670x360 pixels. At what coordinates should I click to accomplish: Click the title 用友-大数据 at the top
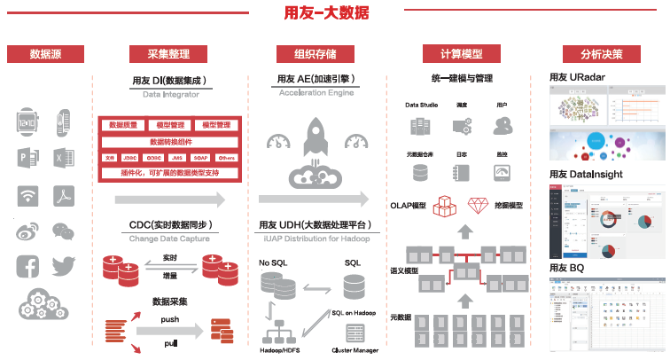tap(326, 13)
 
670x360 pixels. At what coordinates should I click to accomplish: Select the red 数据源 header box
tap(45, 53)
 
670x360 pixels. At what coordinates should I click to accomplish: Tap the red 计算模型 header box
tap(453, 53)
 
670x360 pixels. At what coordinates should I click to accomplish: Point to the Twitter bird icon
tap(64, 266)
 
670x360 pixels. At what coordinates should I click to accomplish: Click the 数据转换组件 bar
tap(169, 142)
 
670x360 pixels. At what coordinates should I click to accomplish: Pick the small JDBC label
tap(132, 158)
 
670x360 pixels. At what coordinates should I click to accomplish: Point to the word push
tap(170, 318)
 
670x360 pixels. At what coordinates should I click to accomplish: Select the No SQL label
tap(275, 263)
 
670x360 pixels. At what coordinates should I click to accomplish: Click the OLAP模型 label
tap(409, 206)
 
